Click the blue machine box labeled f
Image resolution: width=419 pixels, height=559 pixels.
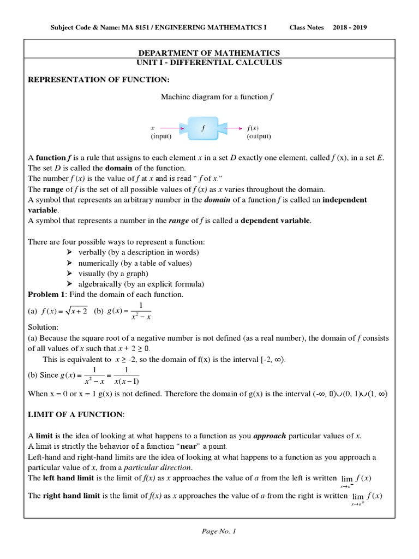203,128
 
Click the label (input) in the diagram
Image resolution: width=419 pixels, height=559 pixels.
161,136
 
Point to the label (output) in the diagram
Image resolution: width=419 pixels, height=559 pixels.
259,136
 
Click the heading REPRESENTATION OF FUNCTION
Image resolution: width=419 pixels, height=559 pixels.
99,80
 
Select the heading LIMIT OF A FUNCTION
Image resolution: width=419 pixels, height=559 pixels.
76,415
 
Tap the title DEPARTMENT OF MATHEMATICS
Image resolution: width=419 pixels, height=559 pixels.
209,53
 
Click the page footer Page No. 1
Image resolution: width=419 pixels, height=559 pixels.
209,531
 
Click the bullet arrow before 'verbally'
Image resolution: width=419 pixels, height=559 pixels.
69,252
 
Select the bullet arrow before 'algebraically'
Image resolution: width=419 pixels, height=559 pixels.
69,284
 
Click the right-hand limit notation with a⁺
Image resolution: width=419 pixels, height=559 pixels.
366,497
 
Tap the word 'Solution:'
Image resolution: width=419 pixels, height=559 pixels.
43,327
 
